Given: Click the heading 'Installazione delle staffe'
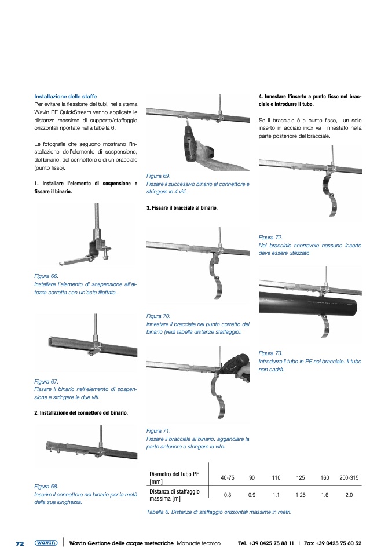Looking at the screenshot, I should [x=65, y=96].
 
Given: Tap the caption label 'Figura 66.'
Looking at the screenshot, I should [x=46, y=276].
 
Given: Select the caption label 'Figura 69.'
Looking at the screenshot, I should [x=158, y=176].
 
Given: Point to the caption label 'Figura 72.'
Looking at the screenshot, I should [x=270, y=238].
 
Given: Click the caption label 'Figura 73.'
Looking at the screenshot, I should [x=270, y=353].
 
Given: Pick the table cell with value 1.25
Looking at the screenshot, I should [x=300, y=495].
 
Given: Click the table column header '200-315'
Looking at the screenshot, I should [x=349, y=477].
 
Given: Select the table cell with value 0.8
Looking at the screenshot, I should [x=228, y=495].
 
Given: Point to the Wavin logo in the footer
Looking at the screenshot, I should [x=46, y=543].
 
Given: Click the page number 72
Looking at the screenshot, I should [x=19, y=543].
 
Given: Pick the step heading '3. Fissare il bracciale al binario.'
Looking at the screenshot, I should [x=182, y=207].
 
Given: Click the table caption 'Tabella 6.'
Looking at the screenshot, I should [x=159, y=512].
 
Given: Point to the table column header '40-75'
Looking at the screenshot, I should [x=228, y=477].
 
